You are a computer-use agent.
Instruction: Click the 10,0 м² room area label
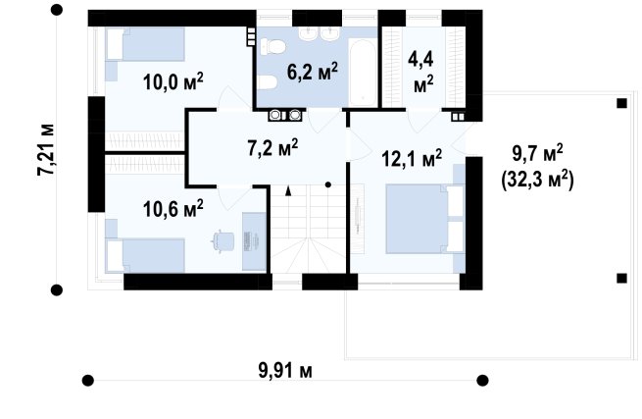tap(173, 82)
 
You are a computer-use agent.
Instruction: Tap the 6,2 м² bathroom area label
tap(313, 73)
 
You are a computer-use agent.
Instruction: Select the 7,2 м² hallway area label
tap(272, 147)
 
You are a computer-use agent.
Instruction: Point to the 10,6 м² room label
tap(173, 209)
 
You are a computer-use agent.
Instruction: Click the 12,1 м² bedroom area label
tap(412, 158)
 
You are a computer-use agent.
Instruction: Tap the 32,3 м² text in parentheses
tap(537, 180)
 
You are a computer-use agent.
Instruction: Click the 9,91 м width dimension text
tap(285, 371)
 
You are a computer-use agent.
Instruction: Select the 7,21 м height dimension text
tap(46, 149)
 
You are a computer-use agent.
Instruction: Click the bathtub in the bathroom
tap(363, 73)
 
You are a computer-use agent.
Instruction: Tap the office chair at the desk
tap(223, 240)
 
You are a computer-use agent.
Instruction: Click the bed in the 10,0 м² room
tap(145, 44)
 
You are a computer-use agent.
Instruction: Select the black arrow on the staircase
tap(288, 190)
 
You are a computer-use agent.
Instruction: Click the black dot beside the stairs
tap(328, 184)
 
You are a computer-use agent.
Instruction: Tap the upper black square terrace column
tap(621, 103)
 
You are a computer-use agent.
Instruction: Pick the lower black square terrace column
tap(621, 279)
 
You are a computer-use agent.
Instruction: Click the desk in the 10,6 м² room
tap(254, 241)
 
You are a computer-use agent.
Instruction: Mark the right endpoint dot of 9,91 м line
tap(483, 381)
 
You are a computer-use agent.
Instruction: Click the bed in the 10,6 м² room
tap(145, 256)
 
